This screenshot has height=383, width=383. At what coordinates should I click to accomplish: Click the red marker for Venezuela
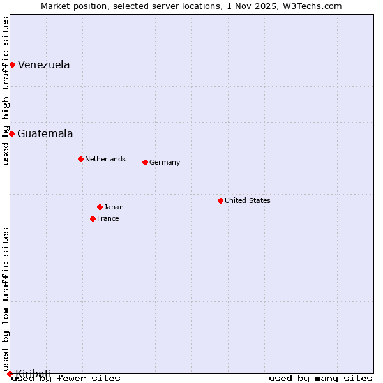click(12, 64)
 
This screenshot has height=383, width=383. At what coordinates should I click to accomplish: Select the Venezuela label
click(43, 64)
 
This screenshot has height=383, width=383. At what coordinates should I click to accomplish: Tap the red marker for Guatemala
click(11, 133)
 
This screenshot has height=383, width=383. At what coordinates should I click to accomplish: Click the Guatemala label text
click(45, 133)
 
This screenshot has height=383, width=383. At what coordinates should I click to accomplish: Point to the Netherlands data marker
click(80, 159)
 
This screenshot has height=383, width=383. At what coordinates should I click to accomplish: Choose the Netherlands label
click(105, 159)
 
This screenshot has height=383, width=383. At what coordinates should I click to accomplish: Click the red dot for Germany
click(145, 162)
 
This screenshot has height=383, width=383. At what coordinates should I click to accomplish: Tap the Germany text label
click(165, 162)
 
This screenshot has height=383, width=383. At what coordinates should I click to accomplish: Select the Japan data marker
click(100, 207)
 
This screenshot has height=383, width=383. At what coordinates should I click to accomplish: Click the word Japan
click(114, 207)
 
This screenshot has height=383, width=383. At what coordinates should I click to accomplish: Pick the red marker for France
click(93, 218)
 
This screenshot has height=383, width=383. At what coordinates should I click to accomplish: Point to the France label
click(108, 218)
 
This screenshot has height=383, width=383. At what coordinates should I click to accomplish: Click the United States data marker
click(220, 200)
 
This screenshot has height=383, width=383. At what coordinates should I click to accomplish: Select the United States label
click(247, 200)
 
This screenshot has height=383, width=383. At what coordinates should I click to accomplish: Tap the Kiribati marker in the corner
click(10, 373)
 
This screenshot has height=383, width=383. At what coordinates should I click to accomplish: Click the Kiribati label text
click(33, 373)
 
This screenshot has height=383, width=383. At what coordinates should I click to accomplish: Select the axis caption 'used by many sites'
click(320, 378)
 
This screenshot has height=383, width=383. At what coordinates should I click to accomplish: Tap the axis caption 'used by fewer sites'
click(66, 378)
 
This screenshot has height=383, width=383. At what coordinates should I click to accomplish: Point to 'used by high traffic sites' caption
click(6, 91)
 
